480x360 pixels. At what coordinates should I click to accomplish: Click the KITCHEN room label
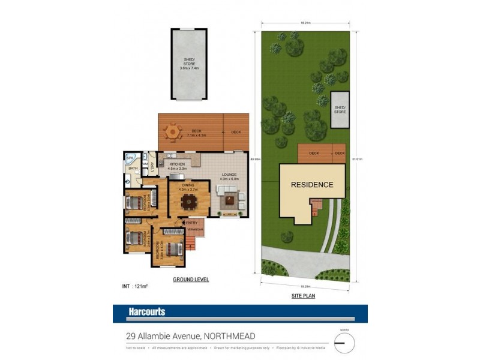point(177,164)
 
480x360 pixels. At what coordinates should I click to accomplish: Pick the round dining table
point(188,202)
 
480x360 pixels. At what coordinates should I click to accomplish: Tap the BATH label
point(133,169)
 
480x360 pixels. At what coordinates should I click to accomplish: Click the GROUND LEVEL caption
point(191,280)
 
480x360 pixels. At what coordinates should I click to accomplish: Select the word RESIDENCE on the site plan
point(312,185)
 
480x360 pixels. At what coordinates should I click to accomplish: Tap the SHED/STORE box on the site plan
point(340,110)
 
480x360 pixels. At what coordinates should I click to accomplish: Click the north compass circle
point(343,344)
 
